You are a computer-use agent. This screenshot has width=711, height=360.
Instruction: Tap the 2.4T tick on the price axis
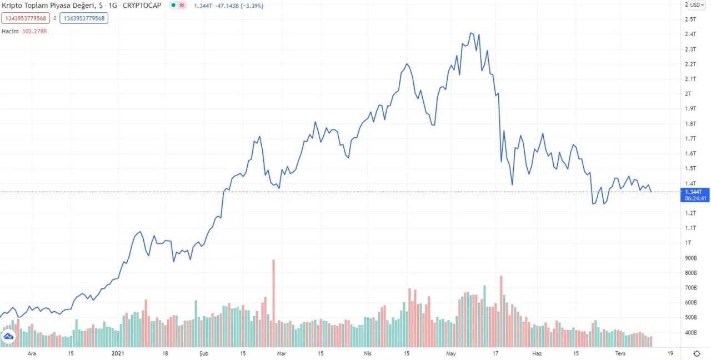(x=690, y=34)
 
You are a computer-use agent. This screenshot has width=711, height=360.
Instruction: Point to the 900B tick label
(x=692, y=258)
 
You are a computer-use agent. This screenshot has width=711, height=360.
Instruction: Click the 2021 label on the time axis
(x=118, y=353)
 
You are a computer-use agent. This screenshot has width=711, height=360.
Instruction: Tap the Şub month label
(x=204, y=353)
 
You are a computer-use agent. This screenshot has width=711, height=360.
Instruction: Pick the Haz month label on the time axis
(x=537, y=353)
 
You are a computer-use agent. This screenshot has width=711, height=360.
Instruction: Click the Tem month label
(x=620, y=353)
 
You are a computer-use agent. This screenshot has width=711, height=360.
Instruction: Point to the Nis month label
(x=367, y=353)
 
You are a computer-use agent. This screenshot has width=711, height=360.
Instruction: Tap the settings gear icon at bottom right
(x=697, y=353)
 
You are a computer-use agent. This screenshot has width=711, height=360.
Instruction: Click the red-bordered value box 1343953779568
(x=26, y=18)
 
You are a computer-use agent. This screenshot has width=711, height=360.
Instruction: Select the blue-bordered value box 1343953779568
(x=84, y=18)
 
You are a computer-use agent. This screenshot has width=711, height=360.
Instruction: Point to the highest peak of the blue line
(x=472, y=33)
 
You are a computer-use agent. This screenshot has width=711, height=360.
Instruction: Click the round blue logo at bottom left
(x=8, y=337)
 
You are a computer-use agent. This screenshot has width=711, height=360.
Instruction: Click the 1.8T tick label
(x=690, y=124)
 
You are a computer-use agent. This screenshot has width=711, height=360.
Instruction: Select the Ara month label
(x=32, y=353)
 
